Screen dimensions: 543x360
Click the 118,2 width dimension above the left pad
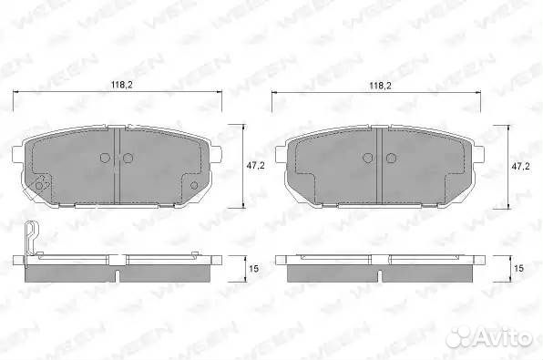121,84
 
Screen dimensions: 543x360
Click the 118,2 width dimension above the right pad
380,86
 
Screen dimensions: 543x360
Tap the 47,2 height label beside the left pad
255,166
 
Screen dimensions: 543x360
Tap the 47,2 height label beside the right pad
520,166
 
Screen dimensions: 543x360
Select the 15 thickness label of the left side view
254,269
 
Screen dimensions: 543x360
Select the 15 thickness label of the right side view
518,269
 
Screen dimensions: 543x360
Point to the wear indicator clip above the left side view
30,239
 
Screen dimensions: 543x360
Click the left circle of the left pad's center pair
106,158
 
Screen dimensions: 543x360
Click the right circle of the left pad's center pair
128,158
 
